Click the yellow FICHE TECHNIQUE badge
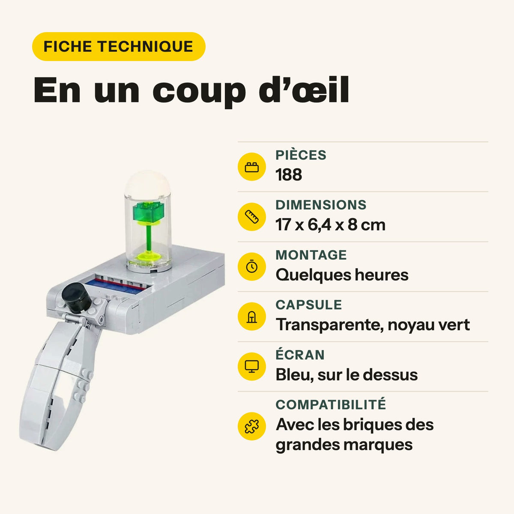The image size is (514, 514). pos(119,46)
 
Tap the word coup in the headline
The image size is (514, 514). pos(199,92)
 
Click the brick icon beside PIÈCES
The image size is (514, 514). pos(251,167)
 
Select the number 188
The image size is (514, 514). pos(289,175)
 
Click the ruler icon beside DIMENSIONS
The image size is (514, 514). pos(251,217)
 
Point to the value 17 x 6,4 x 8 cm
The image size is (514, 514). pos(331,225)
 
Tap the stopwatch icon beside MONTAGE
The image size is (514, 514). pos(251,266)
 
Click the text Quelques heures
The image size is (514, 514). pos(342,275)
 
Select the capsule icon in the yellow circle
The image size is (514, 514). pos(251,317)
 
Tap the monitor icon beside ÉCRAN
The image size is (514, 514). pos(251,367)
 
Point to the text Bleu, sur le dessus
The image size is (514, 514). pos(347,375)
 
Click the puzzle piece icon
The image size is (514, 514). pos(251,426)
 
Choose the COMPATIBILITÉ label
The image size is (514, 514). pos(331,405)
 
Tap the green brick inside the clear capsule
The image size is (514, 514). pos(148,212)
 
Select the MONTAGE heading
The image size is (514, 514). pos(311,255)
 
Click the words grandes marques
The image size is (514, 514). pos(344,445)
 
